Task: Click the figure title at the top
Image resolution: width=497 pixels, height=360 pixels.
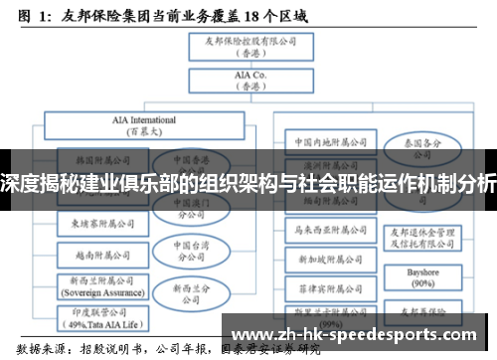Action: point(159,16)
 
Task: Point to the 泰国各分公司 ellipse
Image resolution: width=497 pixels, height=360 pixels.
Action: point(430,147)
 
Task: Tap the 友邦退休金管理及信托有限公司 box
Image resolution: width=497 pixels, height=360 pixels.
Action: point(430,235)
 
